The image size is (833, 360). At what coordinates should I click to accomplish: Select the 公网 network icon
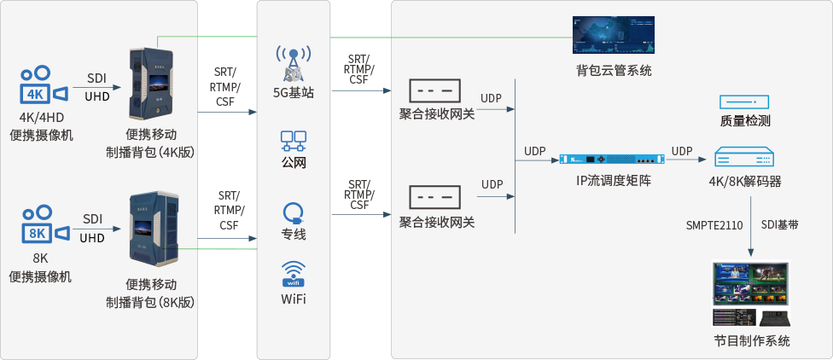(293, 140)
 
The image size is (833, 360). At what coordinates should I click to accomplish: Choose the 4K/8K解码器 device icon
(744, 159)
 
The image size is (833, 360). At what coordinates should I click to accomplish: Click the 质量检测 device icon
(744, 102)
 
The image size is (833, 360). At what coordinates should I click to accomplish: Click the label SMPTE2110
(714, 225)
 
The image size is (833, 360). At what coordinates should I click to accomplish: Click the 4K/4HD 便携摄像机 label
(41, 125)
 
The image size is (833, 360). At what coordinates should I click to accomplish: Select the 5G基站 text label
(293, 92)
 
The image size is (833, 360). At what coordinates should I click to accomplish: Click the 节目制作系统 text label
(751, 341)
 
